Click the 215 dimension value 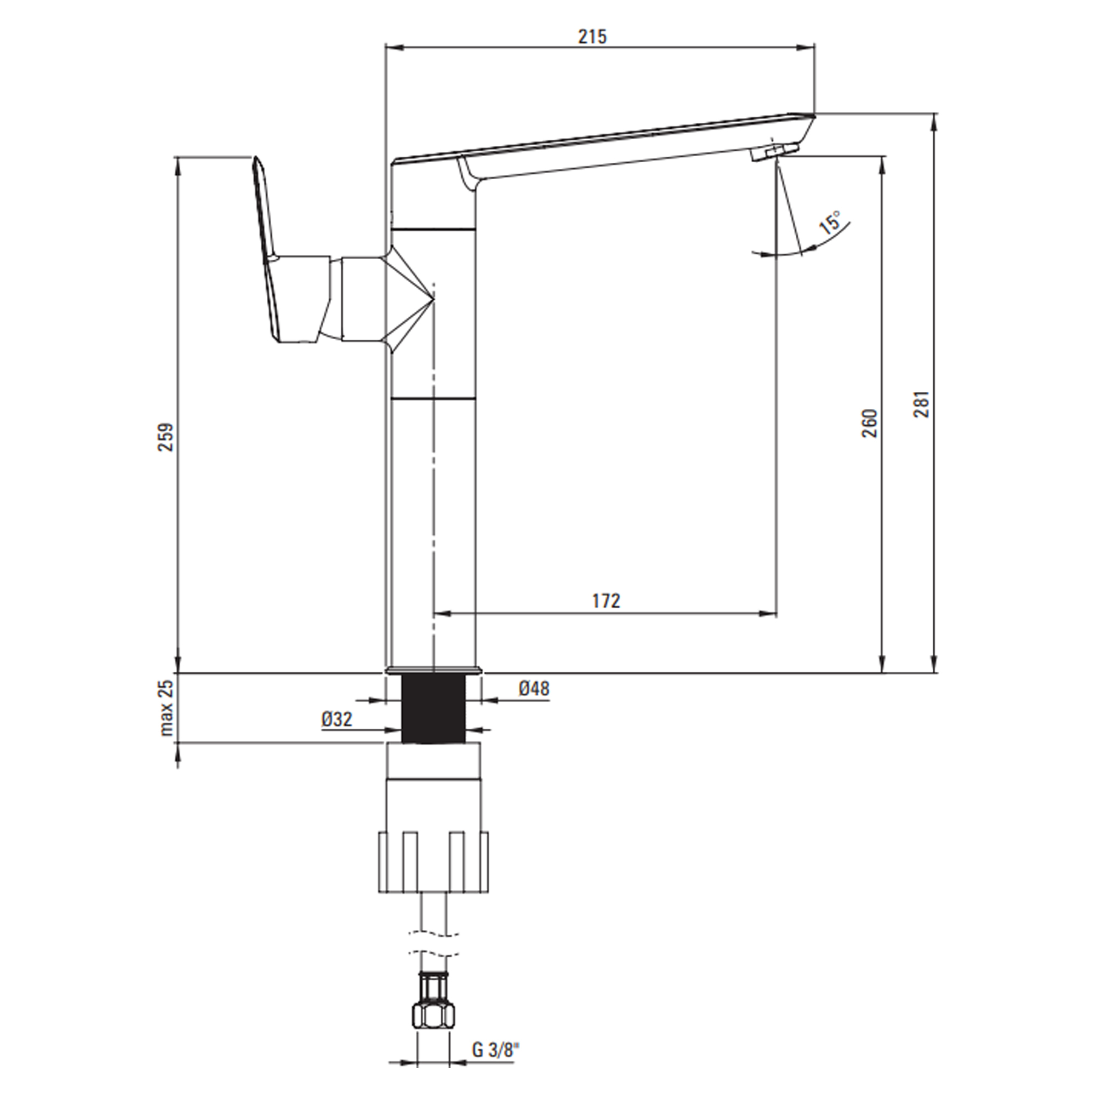click(x=592, y=36)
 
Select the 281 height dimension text click(x=921, y=404)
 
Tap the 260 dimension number click(x=869, y=423)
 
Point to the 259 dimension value click(x=165, y=437)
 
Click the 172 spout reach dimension click(x=607, y=600)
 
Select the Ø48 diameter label click(x=534, y=689)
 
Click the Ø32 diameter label click(x=337, y=720)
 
